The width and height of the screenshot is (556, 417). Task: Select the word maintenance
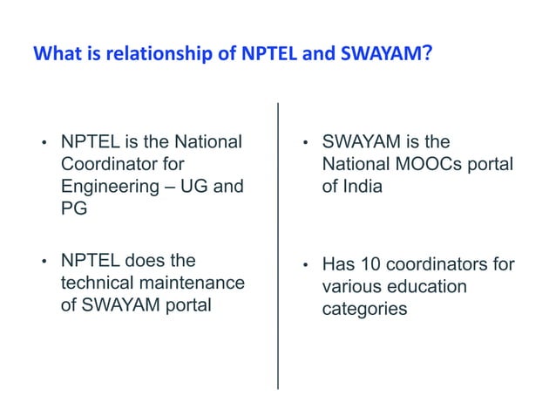(195, 283)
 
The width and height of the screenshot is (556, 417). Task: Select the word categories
(364, 309)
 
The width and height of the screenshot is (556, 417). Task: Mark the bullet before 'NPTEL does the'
(42, 262)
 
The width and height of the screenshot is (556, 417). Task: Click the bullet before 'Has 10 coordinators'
(304, 265)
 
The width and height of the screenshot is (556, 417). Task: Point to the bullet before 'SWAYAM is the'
(304, 143)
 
